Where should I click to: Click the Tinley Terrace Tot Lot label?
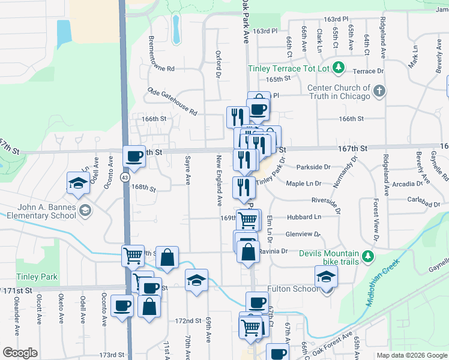pyautogui.click(x=289, y=68)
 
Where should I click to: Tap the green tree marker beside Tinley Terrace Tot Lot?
pyautogui.click(x=339, y=67)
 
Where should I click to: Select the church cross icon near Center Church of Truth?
pyautogui.click(x=379, y=91)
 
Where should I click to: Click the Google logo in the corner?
pyautogui.click(x=20, y=353)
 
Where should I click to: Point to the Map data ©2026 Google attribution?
pyautogui.click(x=412, y=355)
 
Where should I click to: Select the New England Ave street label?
pyautogui.click(x=219, y=178)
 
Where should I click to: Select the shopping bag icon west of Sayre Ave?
pyautogui.click(x=167, y=258)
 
